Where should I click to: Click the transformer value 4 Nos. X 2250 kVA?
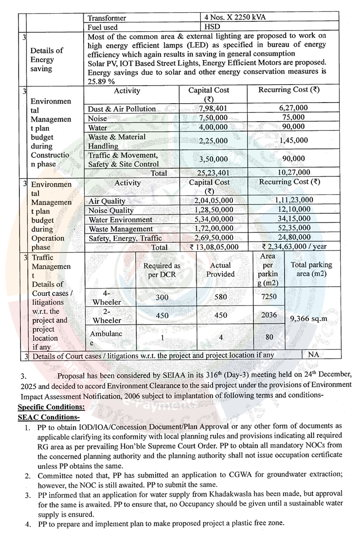tap(235, 18)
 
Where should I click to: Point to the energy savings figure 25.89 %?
tap(101, 81)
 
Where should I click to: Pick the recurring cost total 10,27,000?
tap(293, 173)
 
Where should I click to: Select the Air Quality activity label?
tap(107, 201)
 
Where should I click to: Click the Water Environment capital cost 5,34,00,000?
tap(214, 219)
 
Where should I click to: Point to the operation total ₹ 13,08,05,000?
tap(214, 247)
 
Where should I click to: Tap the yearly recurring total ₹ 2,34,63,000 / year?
tap(294, 247)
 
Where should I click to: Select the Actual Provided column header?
tap(220, 270)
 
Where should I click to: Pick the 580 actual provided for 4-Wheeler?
tap(220, 297)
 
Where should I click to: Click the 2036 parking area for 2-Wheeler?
tap(269, 315)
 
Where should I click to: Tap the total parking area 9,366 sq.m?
tap(309, 319)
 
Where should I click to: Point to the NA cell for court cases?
tap(313, 355)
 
